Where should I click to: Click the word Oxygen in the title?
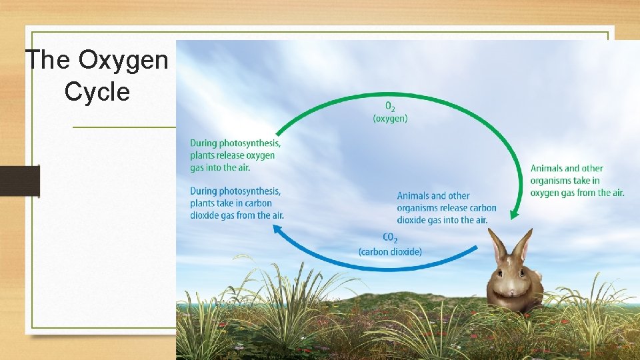click(123, 60)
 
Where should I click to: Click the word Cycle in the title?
click(97, 91)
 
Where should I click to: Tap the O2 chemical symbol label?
click(390, 107)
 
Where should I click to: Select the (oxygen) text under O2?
click(390, 119)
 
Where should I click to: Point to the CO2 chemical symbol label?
click(391, 238)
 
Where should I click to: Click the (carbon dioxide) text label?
click(390, 251)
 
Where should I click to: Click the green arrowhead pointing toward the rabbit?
click(513, 214)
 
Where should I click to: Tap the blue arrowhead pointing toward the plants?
click(277, 229)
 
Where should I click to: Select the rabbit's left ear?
click(497, 245)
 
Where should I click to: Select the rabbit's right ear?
click(523, 245)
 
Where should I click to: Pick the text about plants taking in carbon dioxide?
click(237, 203)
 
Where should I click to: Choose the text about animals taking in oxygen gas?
click(577, 181)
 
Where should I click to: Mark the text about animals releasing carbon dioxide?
click(446, 208)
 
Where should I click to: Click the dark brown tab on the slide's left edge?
click(19, 181)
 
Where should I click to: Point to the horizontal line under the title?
click(123, 127)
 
